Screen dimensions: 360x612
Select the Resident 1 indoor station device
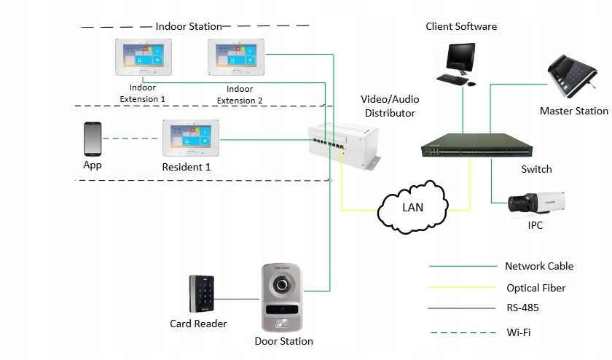coord(191,138)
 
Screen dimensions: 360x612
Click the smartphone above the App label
coord(93,138)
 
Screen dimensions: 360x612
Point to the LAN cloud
coord(412,207)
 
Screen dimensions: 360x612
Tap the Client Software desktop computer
coord(460,63)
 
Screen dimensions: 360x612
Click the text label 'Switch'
coord(536,169)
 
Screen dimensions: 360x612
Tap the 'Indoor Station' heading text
coord(188,27)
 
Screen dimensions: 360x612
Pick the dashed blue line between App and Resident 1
coord(132,138)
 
